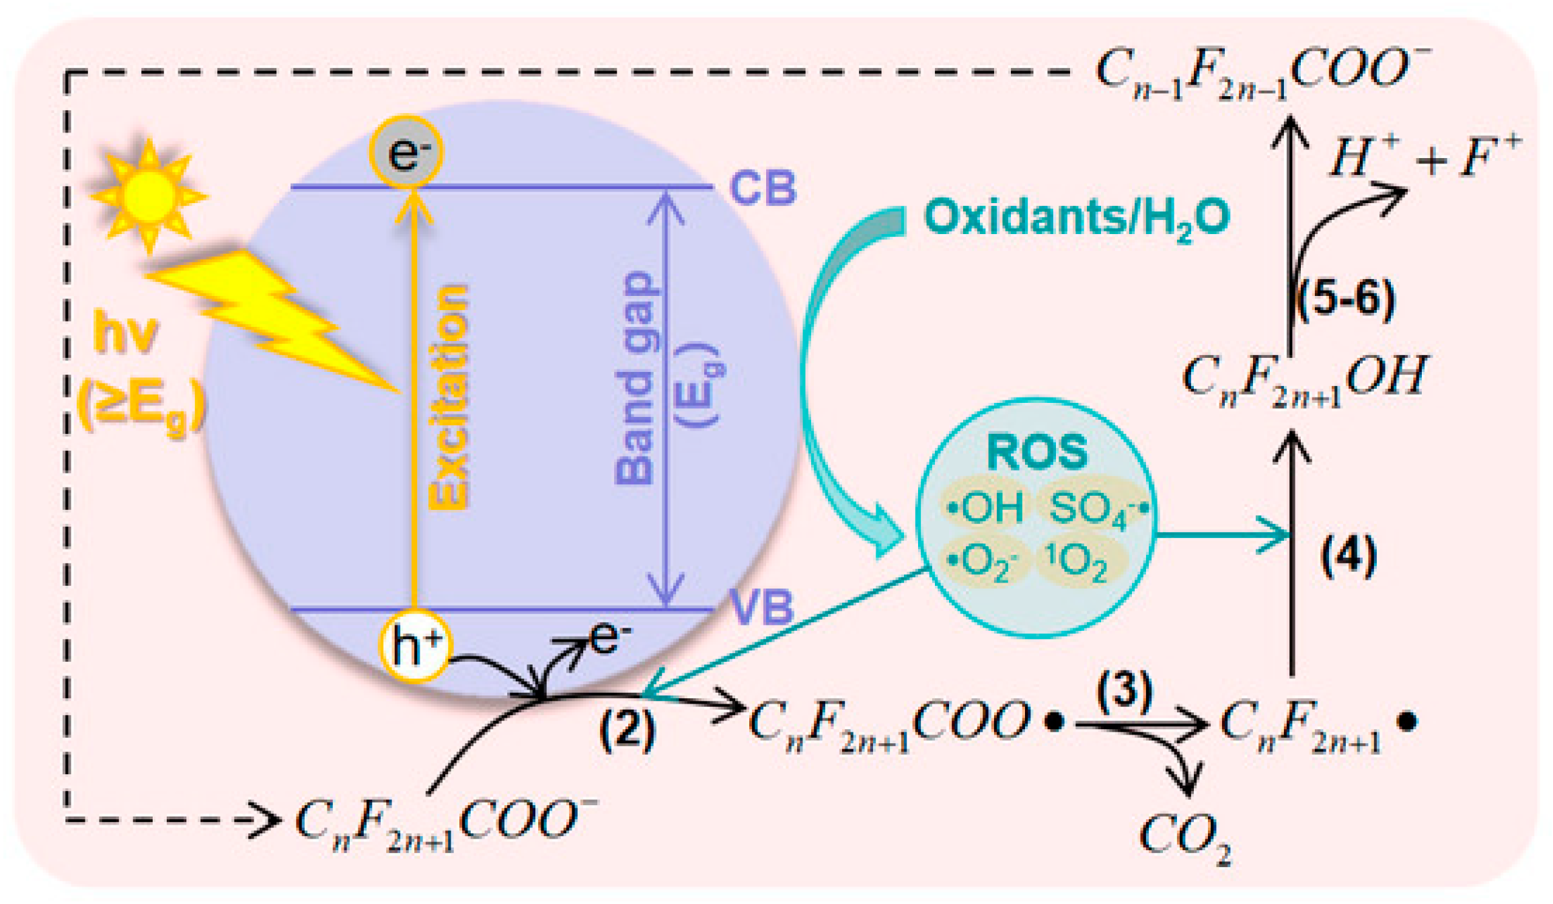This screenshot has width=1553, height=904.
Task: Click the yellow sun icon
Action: [x=149, y=195]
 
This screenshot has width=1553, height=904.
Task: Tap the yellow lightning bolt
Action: [x=269, y=316]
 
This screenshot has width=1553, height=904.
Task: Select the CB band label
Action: [x=763, y=188]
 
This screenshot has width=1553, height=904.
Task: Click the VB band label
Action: [x=761, y=607]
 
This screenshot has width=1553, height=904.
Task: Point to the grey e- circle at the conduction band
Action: [x=406, y=153]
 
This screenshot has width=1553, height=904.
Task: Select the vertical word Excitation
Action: [x=449, y=397]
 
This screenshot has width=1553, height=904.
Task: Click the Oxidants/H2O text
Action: [x=1076, y=219]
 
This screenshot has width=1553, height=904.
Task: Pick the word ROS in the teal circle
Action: [x=1037, y=452]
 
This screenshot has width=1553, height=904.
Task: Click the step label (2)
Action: [x=627, y=730]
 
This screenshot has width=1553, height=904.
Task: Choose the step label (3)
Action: [x=1125, y=693]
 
